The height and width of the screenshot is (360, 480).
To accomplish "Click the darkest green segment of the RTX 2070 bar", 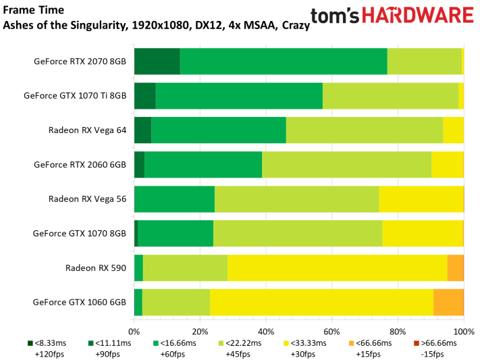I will coord(157,61).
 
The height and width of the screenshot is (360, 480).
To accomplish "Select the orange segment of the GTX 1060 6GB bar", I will coord(448,302).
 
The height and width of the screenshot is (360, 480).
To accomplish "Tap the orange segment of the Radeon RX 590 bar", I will coord(455,267).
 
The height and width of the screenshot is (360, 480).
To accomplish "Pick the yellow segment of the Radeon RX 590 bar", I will coord(337,267).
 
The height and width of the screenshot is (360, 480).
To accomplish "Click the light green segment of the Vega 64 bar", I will coord(364,130).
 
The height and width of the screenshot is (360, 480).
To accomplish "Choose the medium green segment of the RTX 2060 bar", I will coord(203,164).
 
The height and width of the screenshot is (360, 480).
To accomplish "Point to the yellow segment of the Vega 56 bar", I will coord(421,199).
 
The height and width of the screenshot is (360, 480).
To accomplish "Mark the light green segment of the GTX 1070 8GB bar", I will coord(298,233).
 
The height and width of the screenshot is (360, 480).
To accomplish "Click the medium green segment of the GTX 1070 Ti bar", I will coord(239,95).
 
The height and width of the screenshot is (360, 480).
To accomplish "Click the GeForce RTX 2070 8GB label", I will coord(80,61).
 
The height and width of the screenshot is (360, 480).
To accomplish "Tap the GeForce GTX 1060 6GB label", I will coord(80,302).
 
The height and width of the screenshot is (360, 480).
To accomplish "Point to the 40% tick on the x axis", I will coord(267,331).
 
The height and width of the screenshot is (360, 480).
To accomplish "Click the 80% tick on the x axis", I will coord(398,331).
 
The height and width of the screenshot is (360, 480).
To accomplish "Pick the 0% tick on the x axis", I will coord(134,331).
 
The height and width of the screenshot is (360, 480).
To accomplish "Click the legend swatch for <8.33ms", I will coord(30,344).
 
